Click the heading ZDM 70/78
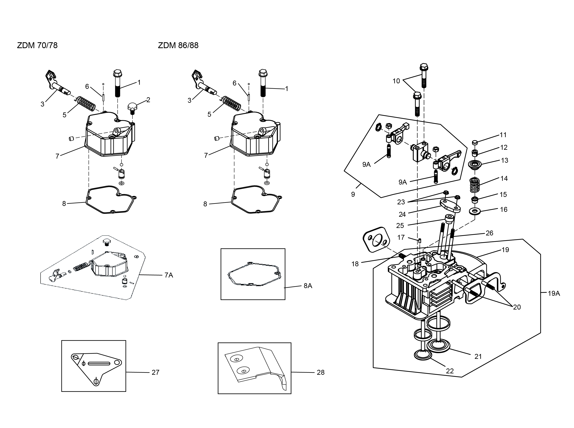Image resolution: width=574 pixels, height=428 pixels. (37, 45)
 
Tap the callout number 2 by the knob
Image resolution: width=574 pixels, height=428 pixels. (148, 100)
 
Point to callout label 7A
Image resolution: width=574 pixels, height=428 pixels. (169, 275)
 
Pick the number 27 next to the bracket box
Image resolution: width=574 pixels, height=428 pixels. (156, 372)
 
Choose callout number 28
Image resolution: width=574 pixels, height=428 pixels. (321, 372)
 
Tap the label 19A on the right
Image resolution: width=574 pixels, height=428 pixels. (554, 294)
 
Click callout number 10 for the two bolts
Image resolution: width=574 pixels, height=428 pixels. (396, 81)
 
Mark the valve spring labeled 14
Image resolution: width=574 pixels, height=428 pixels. (474, 186)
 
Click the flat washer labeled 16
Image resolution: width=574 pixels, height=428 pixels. (475, 211)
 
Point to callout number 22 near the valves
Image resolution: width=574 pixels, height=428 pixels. (450, 371)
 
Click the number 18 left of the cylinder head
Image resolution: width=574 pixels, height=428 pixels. (355, 264)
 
